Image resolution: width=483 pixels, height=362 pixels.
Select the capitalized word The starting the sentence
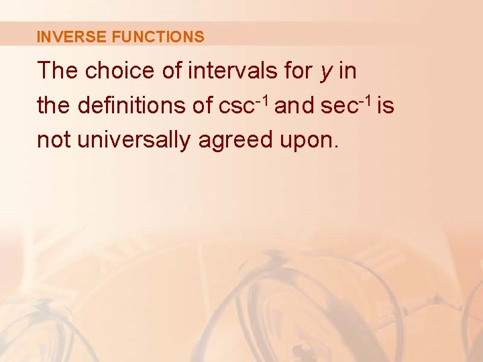[x=58, y=70]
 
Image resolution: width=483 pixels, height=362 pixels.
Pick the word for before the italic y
[x=296, y=70]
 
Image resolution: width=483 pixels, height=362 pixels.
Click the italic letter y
[x=326, y=72]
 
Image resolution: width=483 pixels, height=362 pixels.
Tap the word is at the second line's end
[x=386, y=105]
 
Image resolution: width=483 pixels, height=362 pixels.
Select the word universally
[x=131, y=141]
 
